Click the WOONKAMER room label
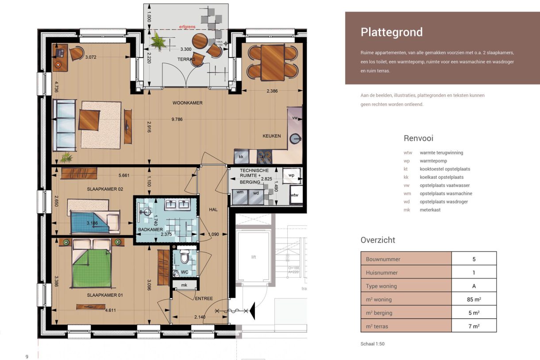[x=187, y=103]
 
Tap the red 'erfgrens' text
[x=186, y=27]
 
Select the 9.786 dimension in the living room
[x=177, y=119]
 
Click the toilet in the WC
[x=185, y=257]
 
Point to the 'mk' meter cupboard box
[x=184, y=285]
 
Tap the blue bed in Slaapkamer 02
[x=90, y=222]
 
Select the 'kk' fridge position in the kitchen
[x=241, y=156]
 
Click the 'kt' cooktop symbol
[x=265, y=156]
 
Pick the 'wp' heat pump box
[x=291, y=175]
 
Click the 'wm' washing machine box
[x=239, y=193]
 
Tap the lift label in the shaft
[x=253, y=257]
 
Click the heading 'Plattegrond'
[x=391, y=32]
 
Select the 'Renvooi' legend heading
[x=418, y=138]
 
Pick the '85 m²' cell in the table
[x=474, y=299]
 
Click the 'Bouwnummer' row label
[x=382, y=259]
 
